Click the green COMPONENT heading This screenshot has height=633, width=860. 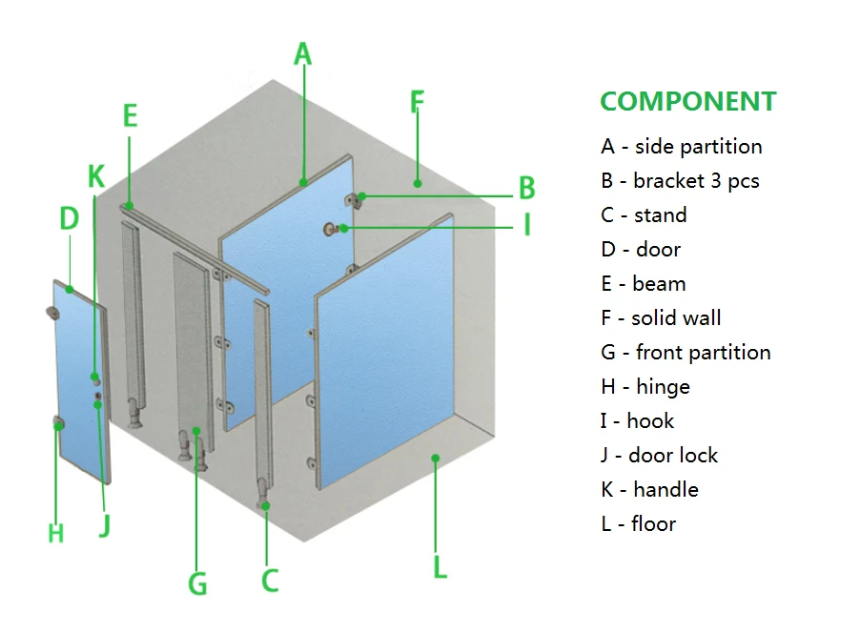tap(687, 102)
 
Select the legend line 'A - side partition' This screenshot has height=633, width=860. tap(681, 147)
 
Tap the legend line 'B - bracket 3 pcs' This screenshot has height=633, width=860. tap(680, 181)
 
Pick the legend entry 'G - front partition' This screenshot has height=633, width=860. tap(686, 353)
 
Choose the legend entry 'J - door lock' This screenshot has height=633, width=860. tap(659, 456)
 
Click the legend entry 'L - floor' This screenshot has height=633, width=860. tap(638, 524)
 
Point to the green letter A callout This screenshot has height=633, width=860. tap(302, 53)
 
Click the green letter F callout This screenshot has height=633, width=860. tap(417, 102)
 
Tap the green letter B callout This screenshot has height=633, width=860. tap(526, 188)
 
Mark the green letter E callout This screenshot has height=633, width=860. tap(131, 116)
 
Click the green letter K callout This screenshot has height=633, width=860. tap(95, 176)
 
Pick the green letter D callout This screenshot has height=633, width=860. tap(69, 219)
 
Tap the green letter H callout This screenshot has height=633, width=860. tap(56, 533)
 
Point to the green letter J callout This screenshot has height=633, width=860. tap(104, 525)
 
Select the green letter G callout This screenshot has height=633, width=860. tap(197, 582)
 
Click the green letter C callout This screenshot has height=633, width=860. tap(269, 579)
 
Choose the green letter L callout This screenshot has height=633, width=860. tap(440, 567)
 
